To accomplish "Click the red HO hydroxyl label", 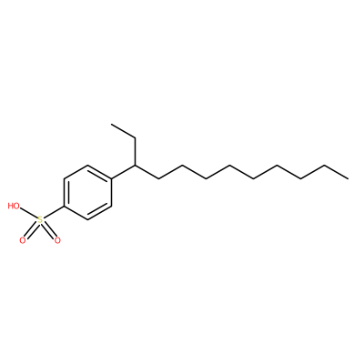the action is coord(14,207).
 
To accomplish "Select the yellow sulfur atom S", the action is coord(40,220).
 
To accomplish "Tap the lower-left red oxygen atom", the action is coord(23,241).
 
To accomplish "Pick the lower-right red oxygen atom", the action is coord(57,241).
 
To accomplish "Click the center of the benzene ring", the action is coord(87,192).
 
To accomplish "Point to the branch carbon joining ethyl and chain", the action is coord(135,166).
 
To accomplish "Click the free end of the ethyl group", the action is coord(112,125).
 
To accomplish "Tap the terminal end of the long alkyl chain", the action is coord(349,178).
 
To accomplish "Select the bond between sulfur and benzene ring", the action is coord(54,212).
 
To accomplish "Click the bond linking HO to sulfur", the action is coord(28,213).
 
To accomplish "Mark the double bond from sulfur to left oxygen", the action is coord(32,230).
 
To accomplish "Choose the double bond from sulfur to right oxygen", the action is coord(48,230).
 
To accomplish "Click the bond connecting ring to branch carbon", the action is coord(123,172).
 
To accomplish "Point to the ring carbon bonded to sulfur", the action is coord(64,207).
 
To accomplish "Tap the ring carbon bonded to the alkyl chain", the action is coord(111,178).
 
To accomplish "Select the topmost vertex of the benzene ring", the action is coord(87,166).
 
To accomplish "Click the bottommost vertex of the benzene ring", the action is coord(87,219).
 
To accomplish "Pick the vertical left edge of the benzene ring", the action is coord(64,192).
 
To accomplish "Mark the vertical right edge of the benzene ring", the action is coord(111,192).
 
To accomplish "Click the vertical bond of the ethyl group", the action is coord(135,152).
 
